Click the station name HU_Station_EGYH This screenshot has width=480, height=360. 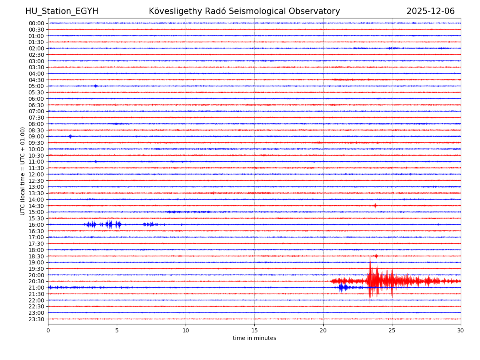pyautogui.click(x=62, y=12)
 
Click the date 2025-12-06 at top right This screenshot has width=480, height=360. pyautogui.click(x=430, y=12)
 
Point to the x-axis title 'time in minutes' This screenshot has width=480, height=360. pyautogui.click(x=254, y=338)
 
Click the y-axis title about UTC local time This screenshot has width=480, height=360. pyautogui.click(x=23, y=171)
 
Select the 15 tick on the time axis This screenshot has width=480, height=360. pyautogui.click(x=254, y=331)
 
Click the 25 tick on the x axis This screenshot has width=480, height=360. pyautogui.click(x=392, y=331)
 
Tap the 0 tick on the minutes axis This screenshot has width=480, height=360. pyautogui.click(x=48, y=331)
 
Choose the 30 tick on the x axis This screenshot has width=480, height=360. pyautogui.click(x=461, y=331)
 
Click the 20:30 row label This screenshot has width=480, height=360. pyautogui.click(x=36, y=282)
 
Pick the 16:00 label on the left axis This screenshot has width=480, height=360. pyautogui.click(x=36, y=225)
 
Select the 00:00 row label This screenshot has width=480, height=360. pyautogui.click(x=36, y=23)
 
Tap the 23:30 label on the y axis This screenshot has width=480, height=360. pyautogui.click(x=36, y=319)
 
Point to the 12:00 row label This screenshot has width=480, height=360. pyautogui.click(x=36, y=174)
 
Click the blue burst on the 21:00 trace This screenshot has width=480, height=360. pyautogui.click(x=343, y=288)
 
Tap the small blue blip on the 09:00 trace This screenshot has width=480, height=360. pyautogui.click(x=70, y=136)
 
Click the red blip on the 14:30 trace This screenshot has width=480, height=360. pyautogui.click(x=375, y=206)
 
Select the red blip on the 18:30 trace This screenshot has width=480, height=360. pyautogui.click(x=376, y=256)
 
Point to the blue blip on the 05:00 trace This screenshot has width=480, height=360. pyautogui.click(x=95, y=86)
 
